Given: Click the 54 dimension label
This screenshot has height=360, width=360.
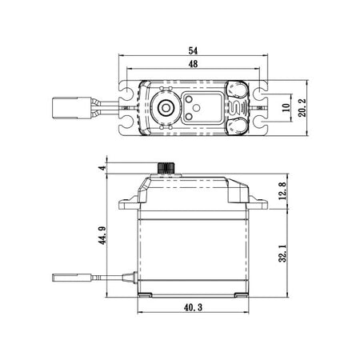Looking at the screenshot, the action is [x=193, y=50].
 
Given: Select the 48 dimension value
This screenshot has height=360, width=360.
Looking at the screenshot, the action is [x=193, y=64].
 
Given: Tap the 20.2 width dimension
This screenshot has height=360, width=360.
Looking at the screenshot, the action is [x=302, y=108].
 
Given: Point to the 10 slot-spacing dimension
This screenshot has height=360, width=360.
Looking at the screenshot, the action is [x=286, y=107].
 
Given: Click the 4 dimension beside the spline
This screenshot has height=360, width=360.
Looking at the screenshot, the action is [x=102, y=168].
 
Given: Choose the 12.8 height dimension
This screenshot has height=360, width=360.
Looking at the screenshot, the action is [x=283, y=190].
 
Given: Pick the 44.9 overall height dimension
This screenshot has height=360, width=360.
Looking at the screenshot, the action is [x=102, y=235].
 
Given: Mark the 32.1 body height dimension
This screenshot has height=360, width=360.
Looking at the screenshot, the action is [x=283, y=254].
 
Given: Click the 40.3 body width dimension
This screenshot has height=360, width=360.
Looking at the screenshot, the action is [x=193, y=307].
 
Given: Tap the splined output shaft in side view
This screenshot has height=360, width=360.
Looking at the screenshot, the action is [x=166, y=168].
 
